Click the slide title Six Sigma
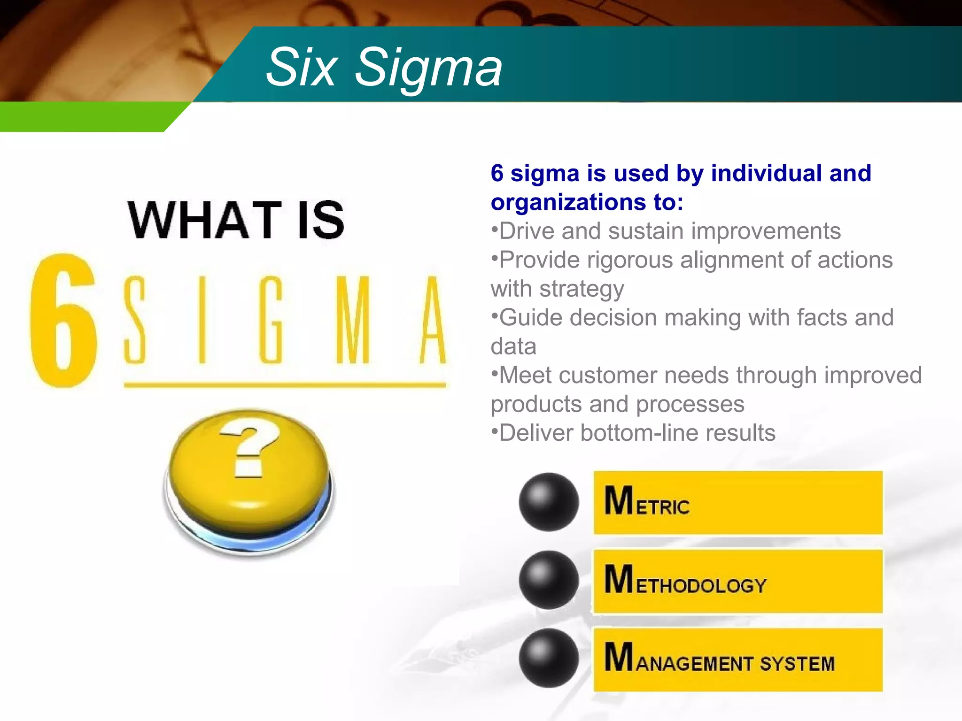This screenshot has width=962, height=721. [x=384, y=68]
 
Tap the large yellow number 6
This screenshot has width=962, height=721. [x=63, y=321]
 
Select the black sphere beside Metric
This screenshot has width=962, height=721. [x=549, y=502]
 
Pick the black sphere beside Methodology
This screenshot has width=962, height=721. [x=549, y=580]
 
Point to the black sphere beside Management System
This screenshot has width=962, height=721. [x=549, y=658]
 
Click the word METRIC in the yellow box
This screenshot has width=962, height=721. [x=647, y=502]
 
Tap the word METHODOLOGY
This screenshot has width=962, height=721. [x=685, y=581]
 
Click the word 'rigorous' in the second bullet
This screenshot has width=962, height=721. [x=629, y=261]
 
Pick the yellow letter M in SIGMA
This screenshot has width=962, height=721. [x=353, y=320]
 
